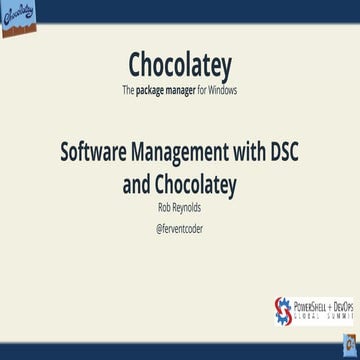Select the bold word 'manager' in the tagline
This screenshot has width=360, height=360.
[196, 89]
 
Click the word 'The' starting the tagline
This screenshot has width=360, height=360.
[128, 89]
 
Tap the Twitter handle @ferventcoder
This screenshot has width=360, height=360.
[180, 228]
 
